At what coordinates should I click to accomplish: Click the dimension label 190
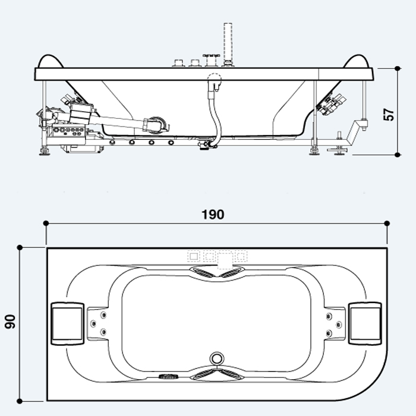coord(213,215)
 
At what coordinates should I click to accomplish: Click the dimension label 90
coord(10,322)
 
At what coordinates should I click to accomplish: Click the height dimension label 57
coord(389,115)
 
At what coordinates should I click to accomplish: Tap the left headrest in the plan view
coord(67,324)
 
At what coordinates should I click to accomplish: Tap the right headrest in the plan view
coord(365,323)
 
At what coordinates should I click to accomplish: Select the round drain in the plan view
coord(217,358)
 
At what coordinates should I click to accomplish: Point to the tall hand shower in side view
coord(228,44)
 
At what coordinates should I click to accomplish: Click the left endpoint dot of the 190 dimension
coord(46,223)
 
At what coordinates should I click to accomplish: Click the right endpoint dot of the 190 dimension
coord(387,223)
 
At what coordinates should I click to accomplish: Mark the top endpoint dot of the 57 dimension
coord(397,68)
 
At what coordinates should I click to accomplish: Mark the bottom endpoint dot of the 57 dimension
coord(397,155)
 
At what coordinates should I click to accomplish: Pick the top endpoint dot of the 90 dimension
coord(20,248)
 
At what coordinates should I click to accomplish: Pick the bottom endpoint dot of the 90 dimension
coord(20,401)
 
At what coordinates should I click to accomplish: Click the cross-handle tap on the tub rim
coord(212,61)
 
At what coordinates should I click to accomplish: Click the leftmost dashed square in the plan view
coord(194,256)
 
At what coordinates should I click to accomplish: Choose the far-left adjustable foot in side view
coord(44,151)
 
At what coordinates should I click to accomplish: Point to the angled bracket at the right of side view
coord(357,130)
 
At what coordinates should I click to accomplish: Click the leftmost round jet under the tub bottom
coord(112,143)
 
